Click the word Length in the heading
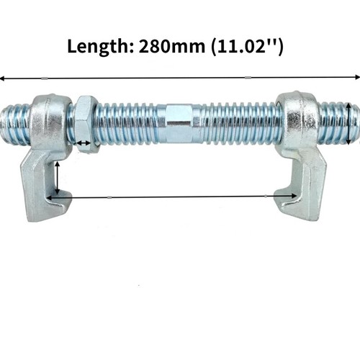tap(99, 47)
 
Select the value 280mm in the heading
tap(172, 46)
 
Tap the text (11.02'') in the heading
tap(247, 47)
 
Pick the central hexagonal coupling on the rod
tap(179, 123)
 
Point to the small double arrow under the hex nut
tap(84, 143)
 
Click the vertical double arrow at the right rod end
tap(348, 123)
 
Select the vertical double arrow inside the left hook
tap(57, 178)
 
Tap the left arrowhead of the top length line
tap(2, 78)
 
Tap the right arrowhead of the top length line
tap(357, 77)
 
